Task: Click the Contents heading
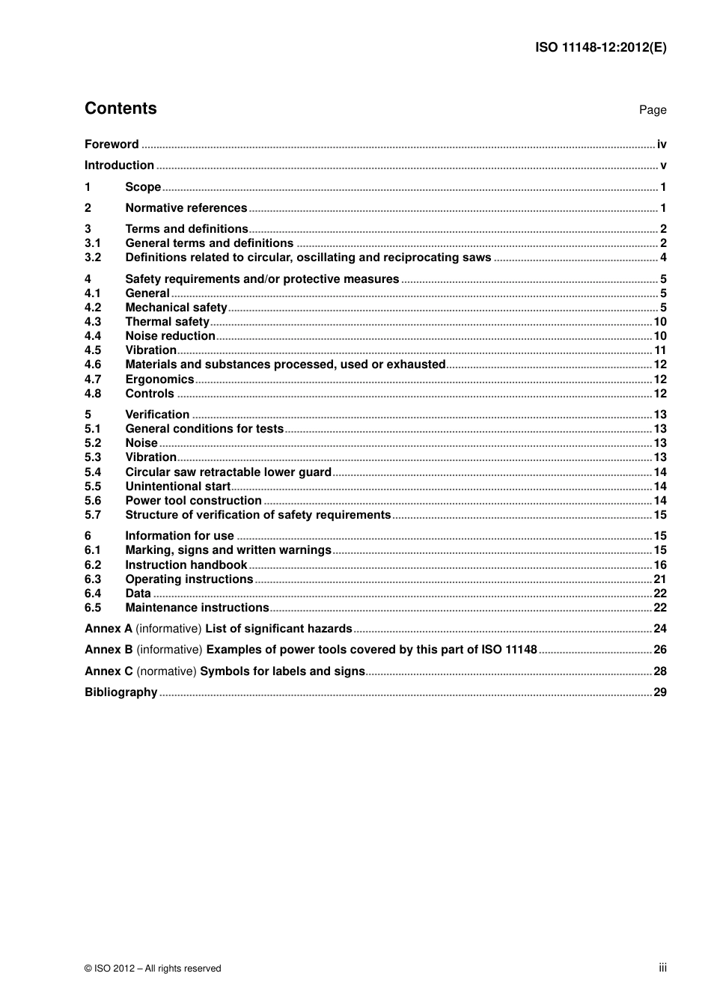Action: (x=120, y=109)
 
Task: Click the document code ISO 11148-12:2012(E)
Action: (x=600, y=47)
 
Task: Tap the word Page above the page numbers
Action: (x=652, y=110)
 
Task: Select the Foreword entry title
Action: (x=112, y=144)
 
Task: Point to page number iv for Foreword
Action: (x=662, y=144)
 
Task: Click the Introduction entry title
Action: (x=119, y=165)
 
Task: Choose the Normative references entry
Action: (x=186, y=208)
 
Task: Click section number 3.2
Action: (x=93, y=257)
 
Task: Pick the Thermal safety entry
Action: (x=167, y=322)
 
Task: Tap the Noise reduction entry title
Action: (x=170, y=336)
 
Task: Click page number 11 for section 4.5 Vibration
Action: (x=660, y=350)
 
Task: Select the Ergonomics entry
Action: (x=159, y=379)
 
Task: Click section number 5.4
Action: (x=93, y=472)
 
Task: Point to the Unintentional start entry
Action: (x=177, y=487)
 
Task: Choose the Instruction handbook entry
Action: (x=186, y=565)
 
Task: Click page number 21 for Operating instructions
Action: (x=660, y=579)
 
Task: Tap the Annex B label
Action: (x=109, y=650)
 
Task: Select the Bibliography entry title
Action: (x=120, y=692)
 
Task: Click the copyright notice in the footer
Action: (x=153, y=969)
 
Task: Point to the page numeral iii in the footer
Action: (x=662, y=968)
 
